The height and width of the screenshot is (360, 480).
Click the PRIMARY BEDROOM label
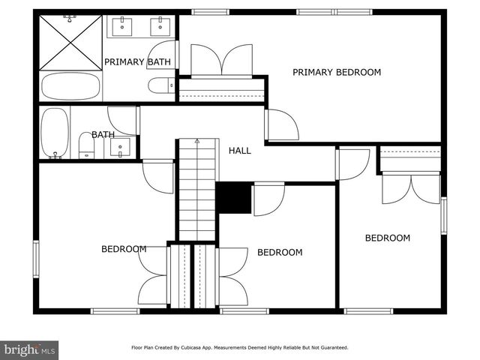click(x=336, y=73)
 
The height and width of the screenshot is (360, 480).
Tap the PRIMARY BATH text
click(x=137, y=62)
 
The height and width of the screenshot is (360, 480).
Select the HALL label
click(x=240, y=151)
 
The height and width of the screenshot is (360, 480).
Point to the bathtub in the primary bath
click(x=70, y=85)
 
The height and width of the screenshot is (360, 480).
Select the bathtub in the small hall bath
click(x=54, y=133)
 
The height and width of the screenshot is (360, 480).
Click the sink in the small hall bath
click(x=121, y=146)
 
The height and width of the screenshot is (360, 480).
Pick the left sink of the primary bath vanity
click(x=122, y=27)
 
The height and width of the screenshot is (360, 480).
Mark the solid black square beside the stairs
click(x=234, y=198)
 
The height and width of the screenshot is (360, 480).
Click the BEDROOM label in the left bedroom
click(x=124, y=249)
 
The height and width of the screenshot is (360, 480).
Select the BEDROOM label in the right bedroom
click(x=387, y=238)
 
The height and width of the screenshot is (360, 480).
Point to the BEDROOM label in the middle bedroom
click(x=280, y=253)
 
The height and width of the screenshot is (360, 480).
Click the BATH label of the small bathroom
click(x=103, y=135)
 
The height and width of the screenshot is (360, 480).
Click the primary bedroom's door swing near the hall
click(x=281, y=125)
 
